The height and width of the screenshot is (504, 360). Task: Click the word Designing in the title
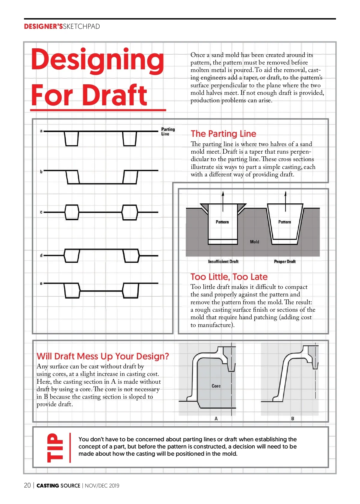click(97, 60)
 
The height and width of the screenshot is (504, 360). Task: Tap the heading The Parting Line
click(223, 133)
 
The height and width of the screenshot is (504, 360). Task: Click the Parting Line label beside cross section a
click(168, 131)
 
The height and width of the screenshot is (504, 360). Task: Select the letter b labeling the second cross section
click(41, 172)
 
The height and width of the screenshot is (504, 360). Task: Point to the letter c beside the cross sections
click(41, 212)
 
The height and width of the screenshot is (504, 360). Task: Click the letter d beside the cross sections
click(41, 255)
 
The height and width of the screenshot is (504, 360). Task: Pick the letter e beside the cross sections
click(41, 283)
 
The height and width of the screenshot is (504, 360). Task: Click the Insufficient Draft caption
click(223, 262)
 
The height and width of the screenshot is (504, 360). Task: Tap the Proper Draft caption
click(285, 262)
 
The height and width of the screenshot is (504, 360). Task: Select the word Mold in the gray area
click(254, 242)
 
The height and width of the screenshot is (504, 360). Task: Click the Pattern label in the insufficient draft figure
click(222, 222)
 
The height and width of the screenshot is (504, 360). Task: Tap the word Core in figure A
click(216, 386)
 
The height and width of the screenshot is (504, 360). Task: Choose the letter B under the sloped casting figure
click(292, 418)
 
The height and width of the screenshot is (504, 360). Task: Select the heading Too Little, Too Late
click(229, 277)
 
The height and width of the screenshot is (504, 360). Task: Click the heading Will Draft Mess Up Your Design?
click(103, 356)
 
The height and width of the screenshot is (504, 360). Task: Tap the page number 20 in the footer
click(27, 485)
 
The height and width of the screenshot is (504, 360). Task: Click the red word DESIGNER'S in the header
click(43, 26)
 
